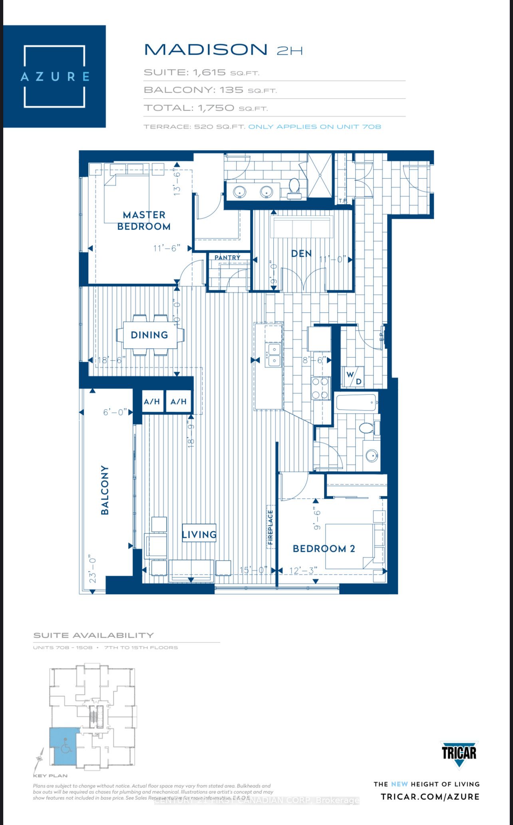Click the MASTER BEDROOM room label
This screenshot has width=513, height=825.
pos(144,221)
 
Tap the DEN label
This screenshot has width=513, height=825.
pos(301,254)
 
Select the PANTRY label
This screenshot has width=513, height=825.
pos(227,258)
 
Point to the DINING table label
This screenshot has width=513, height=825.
pos(149,335)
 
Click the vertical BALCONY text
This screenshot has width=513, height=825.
pos(105,490)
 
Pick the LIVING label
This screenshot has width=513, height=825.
pos(199,534)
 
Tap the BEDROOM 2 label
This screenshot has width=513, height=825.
pos(324,549)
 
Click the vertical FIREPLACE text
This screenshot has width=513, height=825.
pos(270,527)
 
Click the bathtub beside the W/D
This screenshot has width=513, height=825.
pos(356,402)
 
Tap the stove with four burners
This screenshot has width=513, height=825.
pos(321,388)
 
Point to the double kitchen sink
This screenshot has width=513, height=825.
pos(274,354)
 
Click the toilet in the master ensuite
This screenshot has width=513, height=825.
pos(294,187)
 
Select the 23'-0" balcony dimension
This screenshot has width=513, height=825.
pos(93,568)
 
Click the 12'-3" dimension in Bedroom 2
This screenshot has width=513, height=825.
pos(303,571)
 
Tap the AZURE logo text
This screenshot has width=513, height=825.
pos(55,76)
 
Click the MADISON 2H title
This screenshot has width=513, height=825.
pos(223,50)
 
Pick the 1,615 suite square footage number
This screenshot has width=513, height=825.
pos(209,72)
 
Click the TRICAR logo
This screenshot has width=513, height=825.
pos(459,754)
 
